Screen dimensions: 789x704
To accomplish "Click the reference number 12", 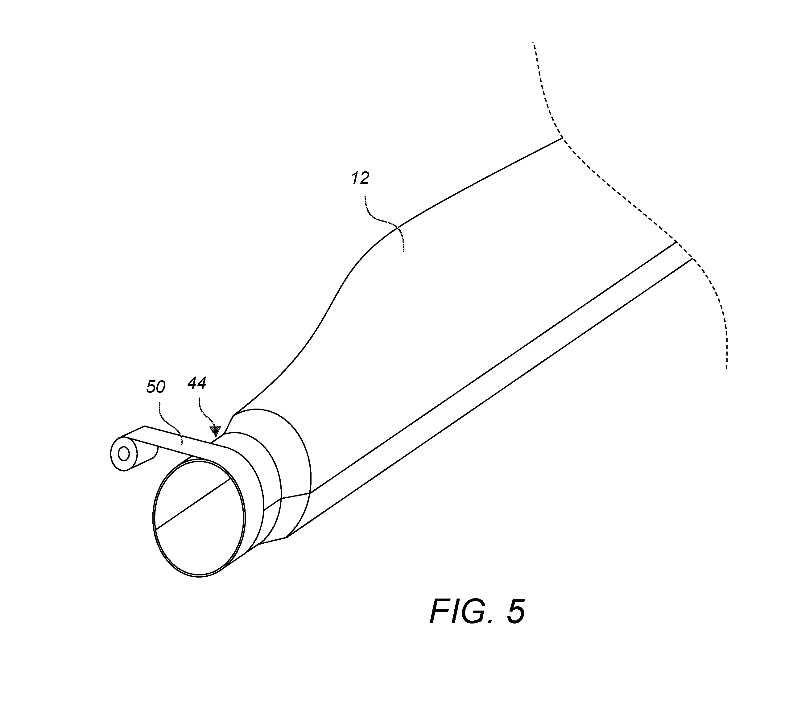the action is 360,178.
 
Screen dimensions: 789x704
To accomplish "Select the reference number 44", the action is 197,383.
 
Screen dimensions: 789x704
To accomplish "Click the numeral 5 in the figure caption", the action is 516,611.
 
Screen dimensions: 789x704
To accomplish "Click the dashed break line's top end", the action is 534,43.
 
